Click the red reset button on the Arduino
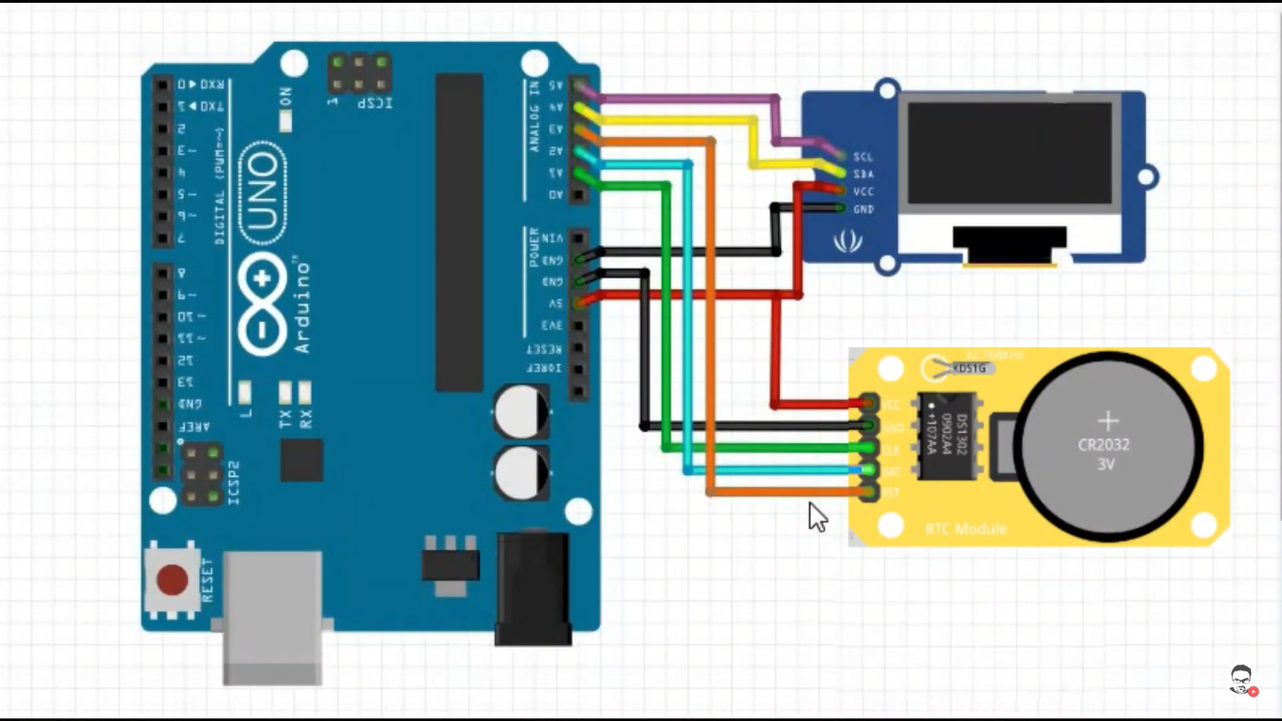(172, 579)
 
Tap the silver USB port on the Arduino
(272, 615)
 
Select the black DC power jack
(533, 589)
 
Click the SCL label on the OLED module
(863, 157)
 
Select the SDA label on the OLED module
(863, 175)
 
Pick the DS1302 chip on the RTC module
(947, 436)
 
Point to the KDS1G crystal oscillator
(969, 368)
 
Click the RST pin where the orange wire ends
(866, 492)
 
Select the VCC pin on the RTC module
(866, 405)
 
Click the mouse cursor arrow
(817, 515)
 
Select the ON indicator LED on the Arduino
(285, 121)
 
